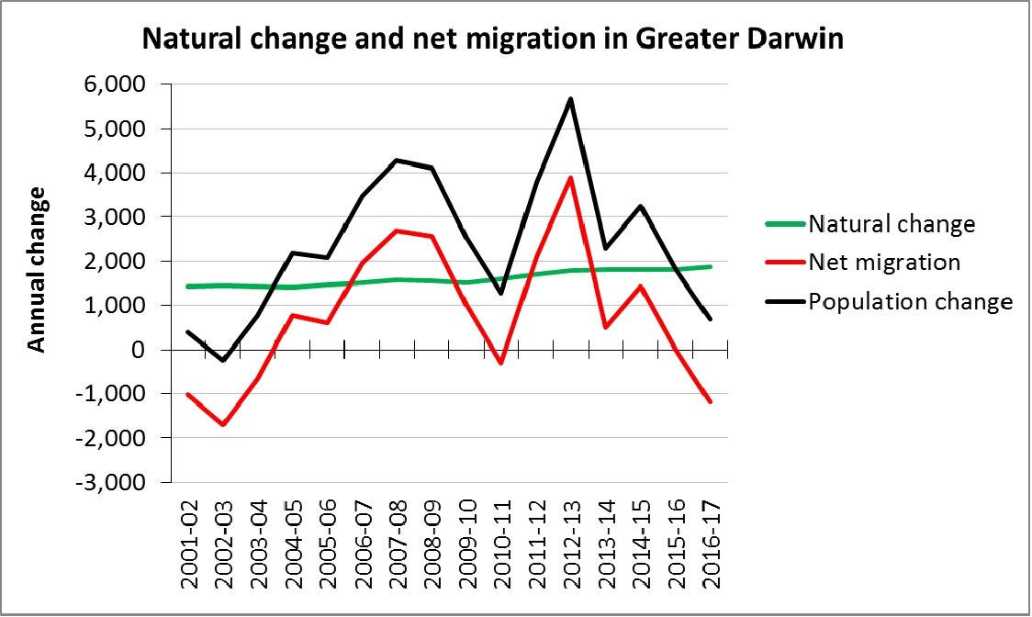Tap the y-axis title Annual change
point(37,268)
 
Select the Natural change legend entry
point(891,223)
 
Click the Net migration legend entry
point(883,263)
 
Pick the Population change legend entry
point(910,301)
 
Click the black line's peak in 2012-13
point(570,99)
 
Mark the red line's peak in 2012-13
point(570,178)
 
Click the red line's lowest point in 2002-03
point(223,424)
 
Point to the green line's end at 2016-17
point(710,266)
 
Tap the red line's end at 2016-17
point(710,401)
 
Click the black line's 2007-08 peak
point(397,161)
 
